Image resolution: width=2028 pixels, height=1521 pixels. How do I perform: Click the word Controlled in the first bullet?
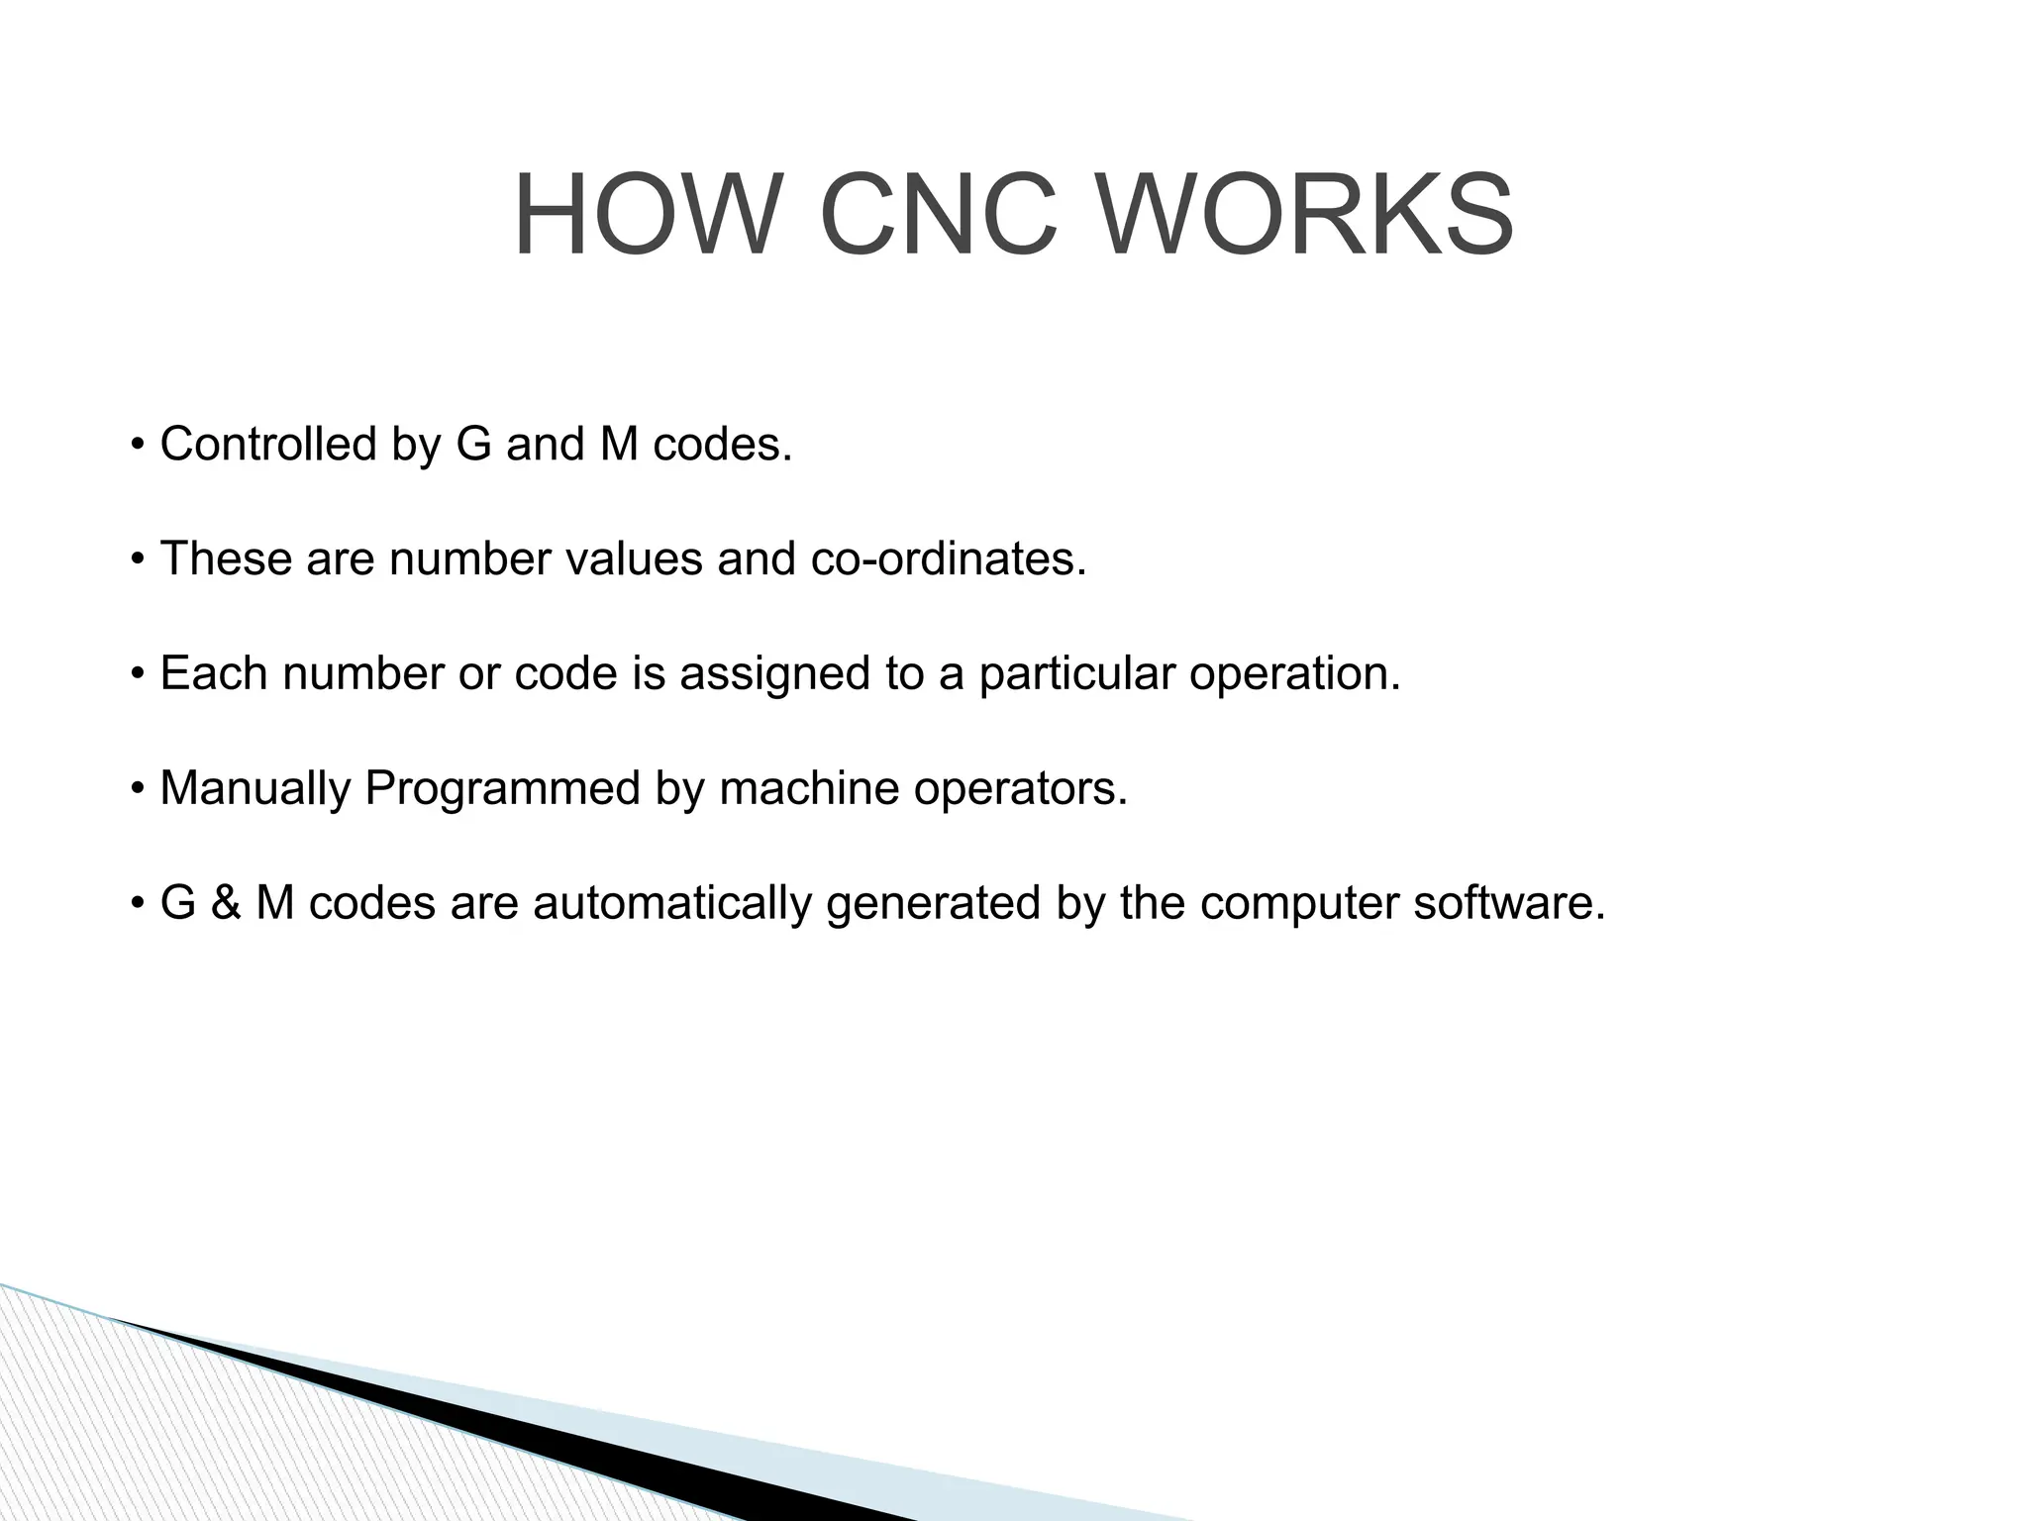[267, 444]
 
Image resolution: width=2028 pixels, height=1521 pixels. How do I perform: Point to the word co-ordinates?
[948, 558]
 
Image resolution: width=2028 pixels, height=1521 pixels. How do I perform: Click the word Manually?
[254, 789]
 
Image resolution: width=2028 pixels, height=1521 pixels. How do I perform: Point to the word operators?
[1020, 789]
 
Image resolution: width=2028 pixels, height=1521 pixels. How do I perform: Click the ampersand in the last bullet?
[226, 903]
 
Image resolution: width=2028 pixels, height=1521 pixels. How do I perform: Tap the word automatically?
[672, 903]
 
